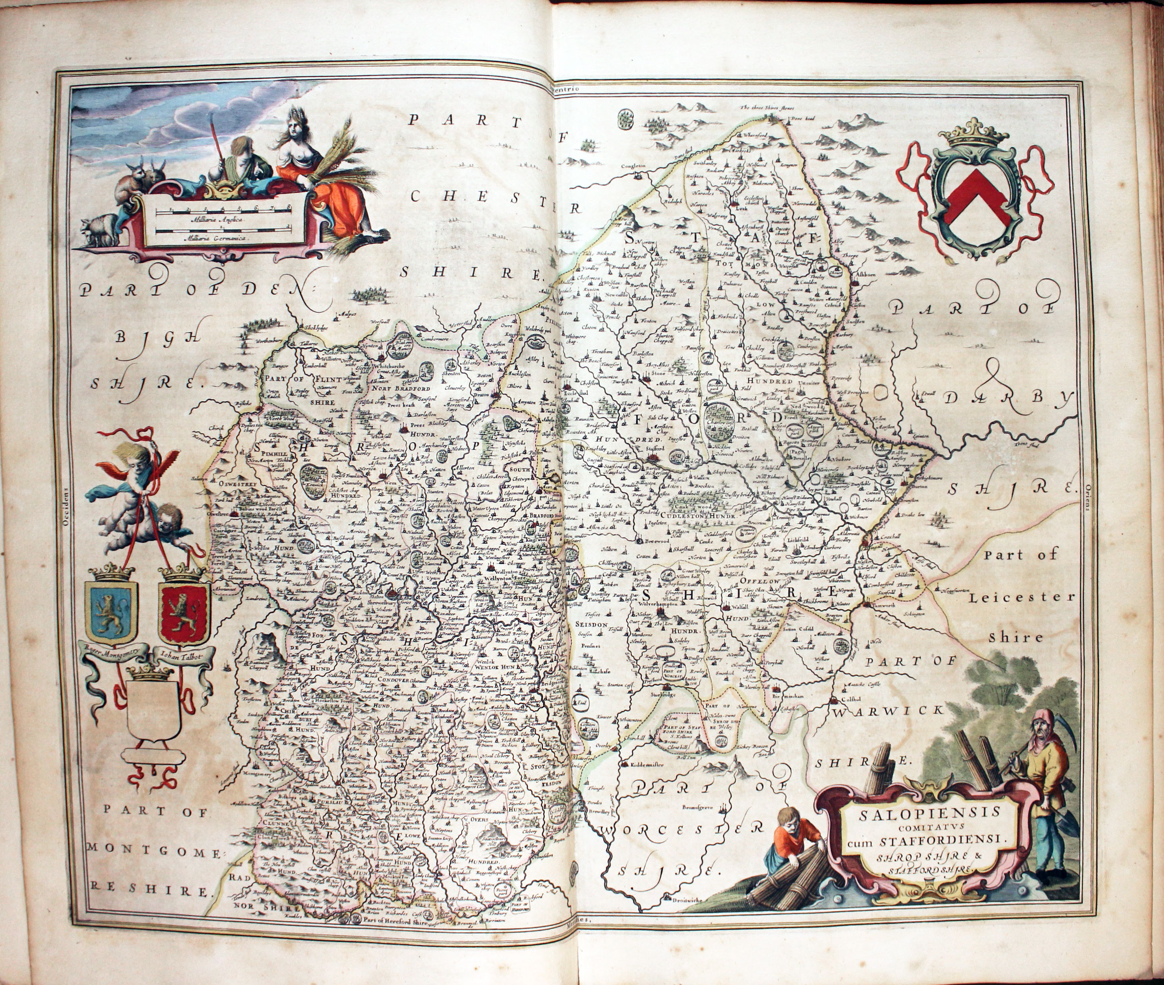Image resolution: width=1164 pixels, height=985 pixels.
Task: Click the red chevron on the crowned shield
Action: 978,197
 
